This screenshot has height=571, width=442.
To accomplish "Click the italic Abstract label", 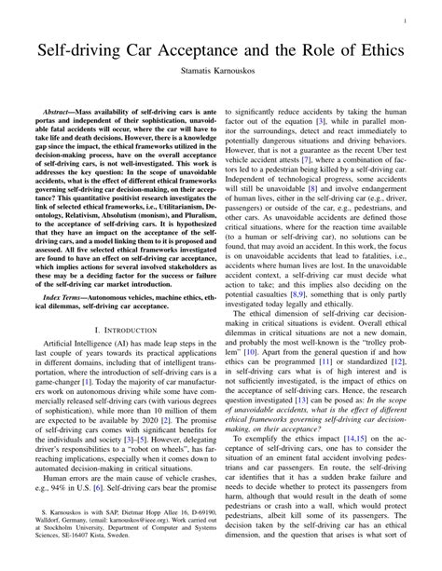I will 60,111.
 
